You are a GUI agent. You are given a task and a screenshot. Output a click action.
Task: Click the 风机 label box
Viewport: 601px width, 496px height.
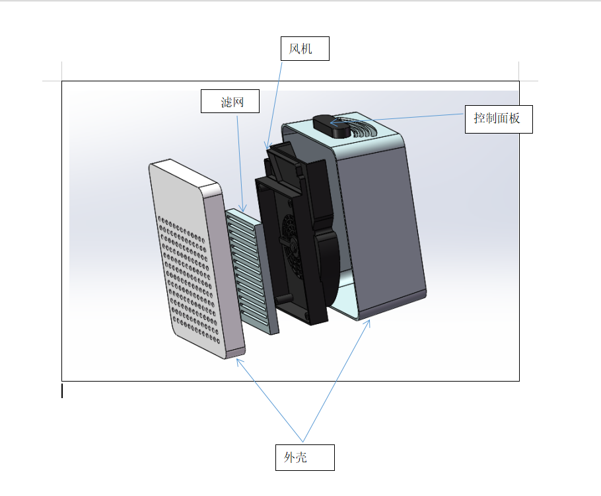pos(304,49)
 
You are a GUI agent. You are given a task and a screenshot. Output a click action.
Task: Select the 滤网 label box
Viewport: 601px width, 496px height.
pos(230,101)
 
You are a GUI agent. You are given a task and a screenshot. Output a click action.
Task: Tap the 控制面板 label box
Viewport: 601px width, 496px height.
pos(499,120)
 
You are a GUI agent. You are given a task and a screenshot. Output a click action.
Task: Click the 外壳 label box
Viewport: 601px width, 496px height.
pos(304,457)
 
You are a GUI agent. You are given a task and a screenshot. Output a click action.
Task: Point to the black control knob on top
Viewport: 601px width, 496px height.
pos(331,126)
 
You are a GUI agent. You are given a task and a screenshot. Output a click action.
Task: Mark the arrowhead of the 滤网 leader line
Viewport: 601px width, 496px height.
pos(242,208)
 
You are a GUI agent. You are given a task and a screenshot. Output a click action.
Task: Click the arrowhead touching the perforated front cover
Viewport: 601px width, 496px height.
pos(239,362)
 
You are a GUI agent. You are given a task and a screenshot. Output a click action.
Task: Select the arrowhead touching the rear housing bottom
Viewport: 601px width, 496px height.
pos(368,323)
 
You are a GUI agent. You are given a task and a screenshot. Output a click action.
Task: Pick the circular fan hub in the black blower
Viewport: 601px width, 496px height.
pos(293,245)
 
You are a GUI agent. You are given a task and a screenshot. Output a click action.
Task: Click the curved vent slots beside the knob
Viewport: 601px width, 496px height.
pos(361,127)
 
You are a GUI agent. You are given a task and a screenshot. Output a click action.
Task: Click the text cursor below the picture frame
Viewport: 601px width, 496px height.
pos(62,390)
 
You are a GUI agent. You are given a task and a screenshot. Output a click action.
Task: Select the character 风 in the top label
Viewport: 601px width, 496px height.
pos(295,49)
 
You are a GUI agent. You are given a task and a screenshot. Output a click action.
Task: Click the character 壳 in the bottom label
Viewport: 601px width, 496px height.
pos(301,457)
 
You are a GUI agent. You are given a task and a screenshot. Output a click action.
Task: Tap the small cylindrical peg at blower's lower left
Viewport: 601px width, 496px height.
pos(283,299)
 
